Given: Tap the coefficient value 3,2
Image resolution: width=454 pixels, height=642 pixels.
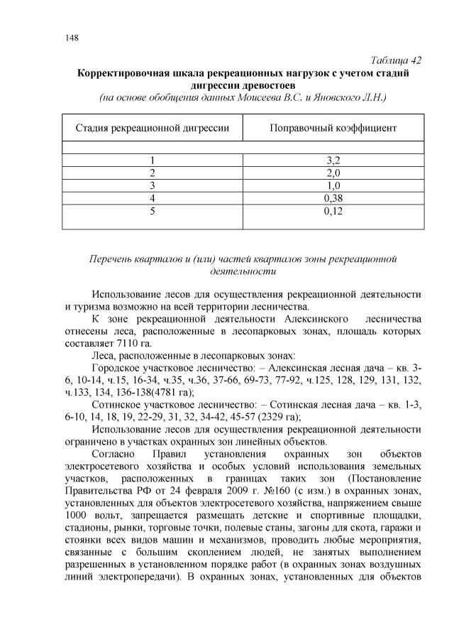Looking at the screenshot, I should coord(333,161).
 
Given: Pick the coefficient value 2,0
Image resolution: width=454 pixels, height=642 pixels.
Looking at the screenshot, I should coord(333,173).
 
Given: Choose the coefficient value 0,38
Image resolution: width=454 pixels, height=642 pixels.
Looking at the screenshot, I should coord(333,197).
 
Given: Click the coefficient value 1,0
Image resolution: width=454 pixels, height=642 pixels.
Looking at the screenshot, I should coord(333,185).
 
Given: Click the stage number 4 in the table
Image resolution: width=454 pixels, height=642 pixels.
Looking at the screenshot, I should coord(152,197).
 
